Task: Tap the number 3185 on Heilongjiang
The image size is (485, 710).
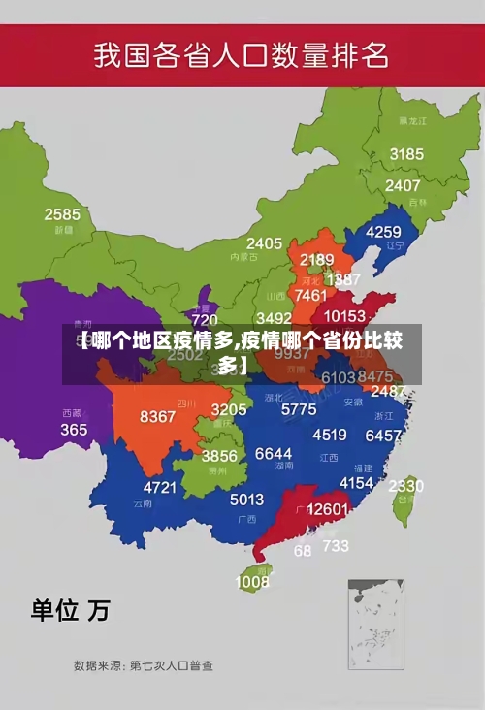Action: (x=406, y=154)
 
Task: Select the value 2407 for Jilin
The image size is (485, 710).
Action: (x=403, y=185)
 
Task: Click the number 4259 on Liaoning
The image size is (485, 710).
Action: (x=382, y=232)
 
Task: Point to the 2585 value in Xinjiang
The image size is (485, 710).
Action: (x=62, y=214)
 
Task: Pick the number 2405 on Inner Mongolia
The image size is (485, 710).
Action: (x=264, y=243)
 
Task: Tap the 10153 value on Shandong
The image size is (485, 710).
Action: (x=344, y=316)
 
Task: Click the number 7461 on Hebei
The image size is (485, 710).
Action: (x=310, y=295)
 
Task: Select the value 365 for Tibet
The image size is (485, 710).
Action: (x=74, y=429)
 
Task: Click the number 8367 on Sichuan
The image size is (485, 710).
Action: (x=158, y=417)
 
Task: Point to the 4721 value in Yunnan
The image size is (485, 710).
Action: (x=161, y=487)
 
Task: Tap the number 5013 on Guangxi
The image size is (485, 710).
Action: (x=246, y=500)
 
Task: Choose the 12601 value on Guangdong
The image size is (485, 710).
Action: (x=327, y=509)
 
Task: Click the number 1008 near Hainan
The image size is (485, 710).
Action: (x=252, y=582)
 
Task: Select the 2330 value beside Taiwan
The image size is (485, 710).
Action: (x=405, y=486)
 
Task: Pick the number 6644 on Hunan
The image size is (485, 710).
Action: (x=274, y=453)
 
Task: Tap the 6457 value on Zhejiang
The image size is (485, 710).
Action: (x=383, y=436)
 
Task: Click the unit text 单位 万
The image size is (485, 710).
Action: (x=70, y=610)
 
